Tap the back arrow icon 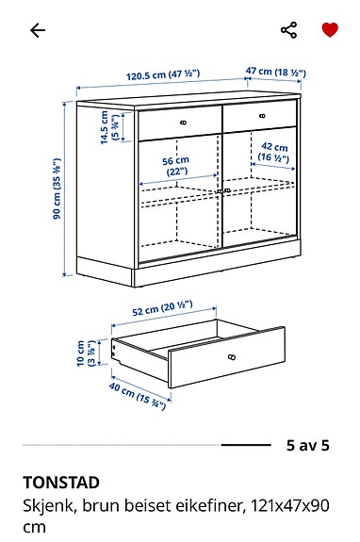point(38,30)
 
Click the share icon point(288,29)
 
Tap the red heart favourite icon point(329,29)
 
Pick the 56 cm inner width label point(174,165)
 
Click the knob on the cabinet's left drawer point(183,121)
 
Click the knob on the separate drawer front point(231,356)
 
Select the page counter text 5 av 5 point(308,444)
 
